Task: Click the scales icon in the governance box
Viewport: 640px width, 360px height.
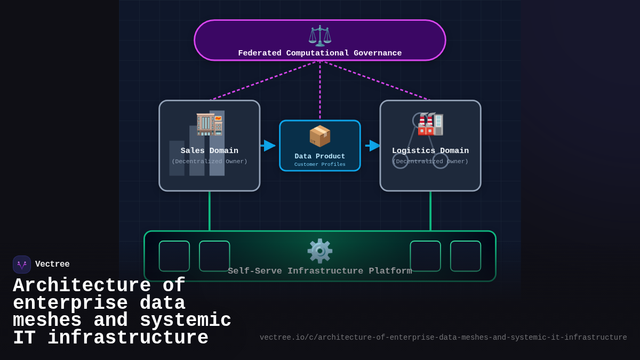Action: click(x=320, y=36)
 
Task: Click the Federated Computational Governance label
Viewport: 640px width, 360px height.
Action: click(x=320, y=53)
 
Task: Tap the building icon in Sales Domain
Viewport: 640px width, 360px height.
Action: click(x=210, y=124)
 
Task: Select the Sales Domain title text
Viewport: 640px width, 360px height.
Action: click(x=210, y=151)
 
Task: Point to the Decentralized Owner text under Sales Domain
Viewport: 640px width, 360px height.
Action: click(x=210, y=162)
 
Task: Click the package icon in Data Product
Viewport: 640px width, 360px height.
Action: click(x=320, y=136)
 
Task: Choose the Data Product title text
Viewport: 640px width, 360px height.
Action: click(x=320, y=156)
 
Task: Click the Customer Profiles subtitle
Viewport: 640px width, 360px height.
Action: click(x=320, y=165)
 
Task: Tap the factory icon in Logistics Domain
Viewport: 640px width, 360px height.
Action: click(x=430, y=124)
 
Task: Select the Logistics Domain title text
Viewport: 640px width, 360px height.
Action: click(x=430, y=151)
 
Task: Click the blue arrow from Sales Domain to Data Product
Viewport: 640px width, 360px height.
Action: click(x=269, y=146)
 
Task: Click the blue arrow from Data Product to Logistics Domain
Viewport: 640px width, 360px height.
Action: click(x=373, y=146)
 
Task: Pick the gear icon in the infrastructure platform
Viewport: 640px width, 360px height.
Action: click(x=320, y=251)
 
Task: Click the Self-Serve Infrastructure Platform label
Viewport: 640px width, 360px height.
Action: click(x=320, y=271)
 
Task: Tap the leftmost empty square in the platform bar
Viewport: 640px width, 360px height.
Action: click(x=174, y=256)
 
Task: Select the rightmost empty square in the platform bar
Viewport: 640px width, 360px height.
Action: click(x=466, y=256)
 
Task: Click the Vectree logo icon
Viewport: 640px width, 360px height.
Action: click(x=22, y=265)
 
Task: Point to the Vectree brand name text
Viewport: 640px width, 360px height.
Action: click(x=52, y=265)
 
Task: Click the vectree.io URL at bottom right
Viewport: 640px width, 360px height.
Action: click(x=443, y=338)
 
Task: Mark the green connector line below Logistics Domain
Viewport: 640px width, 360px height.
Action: click(x=430, y=211)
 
